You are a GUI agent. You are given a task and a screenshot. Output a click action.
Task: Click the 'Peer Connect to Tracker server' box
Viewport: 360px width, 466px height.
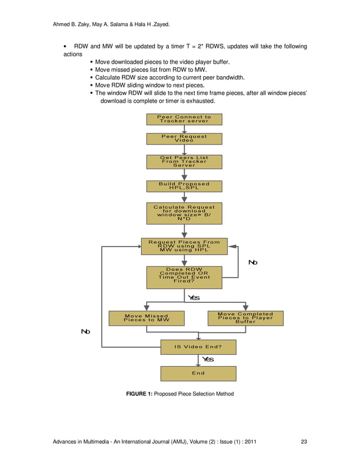[x=184, y=119]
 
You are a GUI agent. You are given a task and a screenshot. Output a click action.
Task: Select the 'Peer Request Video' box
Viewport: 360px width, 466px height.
[x=184, y=138]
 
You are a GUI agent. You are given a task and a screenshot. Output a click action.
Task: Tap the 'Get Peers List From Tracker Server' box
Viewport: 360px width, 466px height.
[x=184, y=161]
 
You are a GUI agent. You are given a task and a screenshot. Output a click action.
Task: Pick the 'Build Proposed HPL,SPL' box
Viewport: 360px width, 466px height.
[x=184, y=186]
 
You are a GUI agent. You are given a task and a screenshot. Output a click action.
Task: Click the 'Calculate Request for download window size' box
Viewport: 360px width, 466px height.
[x=184, y=213]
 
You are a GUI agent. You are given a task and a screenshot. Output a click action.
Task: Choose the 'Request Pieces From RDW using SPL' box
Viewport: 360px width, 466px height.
[x=184, y=246]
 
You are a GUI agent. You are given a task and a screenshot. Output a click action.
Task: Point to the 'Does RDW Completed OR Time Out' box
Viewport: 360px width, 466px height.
[x=184, y=277]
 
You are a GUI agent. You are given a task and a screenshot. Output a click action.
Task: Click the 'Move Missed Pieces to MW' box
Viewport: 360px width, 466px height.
[x=146, y=318]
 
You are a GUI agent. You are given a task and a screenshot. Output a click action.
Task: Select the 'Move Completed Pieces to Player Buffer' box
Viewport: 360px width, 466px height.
[x=245, y=318]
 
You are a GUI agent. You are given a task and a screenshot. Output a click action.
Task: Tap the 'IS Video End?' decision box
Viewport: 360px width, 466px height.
[x=198, y=347]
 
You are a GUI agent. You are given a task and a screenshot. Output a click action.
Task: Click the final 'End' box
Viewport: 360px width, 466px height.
[x=198, y=373]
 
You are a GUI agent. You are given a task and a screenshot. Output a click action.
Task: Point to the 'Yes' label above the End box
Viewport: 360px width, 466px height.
[x=208, y=359]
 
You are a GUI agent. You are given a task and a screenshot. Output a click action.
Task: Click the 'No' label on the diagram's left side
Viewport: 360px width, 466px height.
[x=85, y=332]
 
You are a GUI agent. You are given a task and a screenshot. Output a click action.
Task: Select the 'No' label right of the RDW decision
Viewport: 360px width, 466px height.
[x=253, y=262]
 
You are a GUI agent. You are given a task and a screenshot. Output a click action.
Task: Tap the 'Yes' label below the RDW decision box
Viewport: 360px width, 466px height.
[x=194, y=298]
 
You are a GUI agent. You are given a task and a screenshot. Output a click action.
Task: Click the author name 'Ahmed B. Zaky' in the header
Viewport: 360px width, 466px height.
[x=72, y=24]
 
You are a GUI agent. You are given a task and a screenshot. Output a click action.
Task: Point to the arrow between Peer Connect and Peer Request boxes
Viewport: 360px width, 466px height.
[x=184, y=129]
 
